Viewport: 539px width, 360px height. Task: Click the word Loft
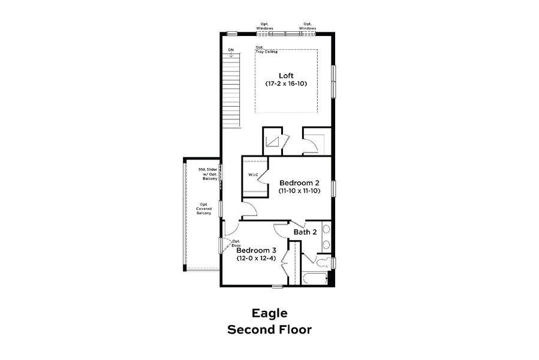click(286, 75)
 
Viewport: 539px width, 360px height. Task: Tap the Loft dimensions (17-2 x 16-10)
click(286, 84)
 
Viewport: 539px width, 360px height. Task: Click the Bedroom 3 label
click(256, 250)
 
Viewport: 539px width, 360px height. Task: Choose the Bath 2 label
click(305, 232)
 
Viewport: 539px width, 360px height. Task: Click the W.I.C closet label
click(253, 175)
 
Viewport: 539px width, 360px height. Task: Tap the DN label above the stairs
click(231, 50)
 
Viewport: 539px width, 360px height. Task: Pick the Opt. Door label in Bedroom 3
click(236, 243)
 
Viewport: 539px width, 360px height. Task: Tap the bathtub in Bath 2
click(314, 279)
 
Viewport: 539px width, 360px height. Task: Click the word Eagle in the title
click(269, 313)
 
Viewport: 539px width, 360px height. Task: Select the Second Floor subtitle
click(269, 329)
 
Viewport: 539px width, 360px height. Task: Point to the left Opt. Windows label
click(265, 26)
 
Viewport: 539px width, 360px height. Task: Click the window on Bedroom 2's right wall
click(334, 188)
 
